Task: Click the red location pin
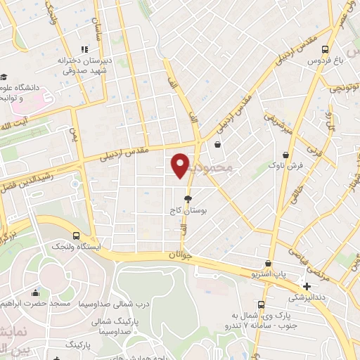pos(181,165)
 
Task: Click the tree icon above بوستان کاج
pos(187,199)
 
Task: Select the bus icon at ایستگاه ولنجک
pos(76,236)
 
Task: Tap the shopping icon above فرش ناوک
pos(285,155)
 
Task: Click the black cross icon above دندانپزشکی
pos(306,286)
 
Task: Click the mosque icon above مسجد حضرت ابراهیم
pos(36,293)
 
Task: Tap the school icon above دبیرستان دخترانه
pos(84,49)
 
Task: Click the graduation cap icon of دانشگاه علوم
pos(4,76)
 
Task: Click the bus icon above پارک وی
pos(261,304)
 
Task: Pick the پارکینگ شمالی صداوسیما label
pos(115,324)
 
